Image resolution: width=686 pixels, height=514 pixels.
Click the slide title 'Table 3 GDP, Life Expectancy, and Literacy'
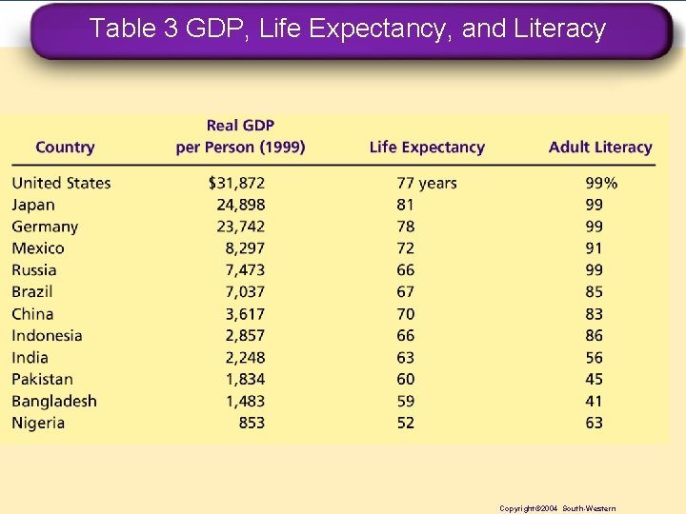pyautogui.click(x=347, y=30)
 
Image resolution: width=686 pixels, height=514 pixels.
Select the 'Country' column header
pyautogui.click(x=65, y=148)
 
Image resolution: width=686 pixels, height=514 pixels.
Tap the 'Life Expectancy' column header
pyautogui.click(x=427, y=148)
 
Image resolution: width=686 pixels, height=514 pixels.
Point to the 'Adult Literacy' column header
pyautogui.click(x=600, y=148)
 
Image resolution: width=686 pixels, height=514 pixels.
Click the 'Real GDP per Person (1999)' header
pyautogui.click(x=240, y=136)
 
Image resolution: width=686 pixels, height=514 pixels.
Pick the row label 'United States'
pyautogui.click(x=61, y=183)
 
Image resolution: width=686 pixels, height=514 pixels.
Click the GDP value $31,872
pyautogui.click(x=237, y=183)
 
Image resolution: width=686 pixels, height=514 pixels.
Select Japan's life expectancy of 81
pyautogui.click(x=406, y=205)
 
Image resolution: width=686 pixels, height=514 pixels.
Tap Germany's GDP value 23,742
pyautogui.click(x=241, y=227)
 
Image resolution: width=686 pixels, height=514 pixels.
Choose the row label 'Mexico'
pyautogui.click(x=38, y=248)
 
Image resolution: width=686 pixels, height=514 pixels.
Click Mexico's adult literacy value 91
pyautogui.click(x=595, y=248)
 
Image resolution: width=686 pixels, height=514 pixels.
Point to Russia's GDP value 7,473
pyautogui.click(x=245, y=270)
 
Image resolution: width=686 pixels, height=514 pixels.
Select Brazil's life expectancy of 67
pyautogui.click(x=406, y=292)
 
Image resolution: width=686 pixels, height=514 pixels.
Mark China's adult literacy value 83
pyautogui.click(x=595, y=314)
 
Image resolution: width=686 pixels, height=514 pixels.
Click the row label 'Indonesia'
pyautogui.click(x=47, y=336)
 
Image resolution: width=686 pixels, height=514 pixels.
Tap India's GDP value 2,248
pyautogui.click(x=245, y=358)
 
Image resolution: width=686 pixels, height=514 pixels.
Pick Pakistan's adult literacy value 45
pyautogui.click(x=595, y=380)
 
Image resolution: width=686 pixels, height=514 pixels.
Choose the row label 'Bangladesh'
pyautogui.click(x=54, y=402)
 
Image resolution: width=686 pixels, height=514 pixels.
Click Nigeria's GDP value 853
pyautogui.click(x=252, y=424)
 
